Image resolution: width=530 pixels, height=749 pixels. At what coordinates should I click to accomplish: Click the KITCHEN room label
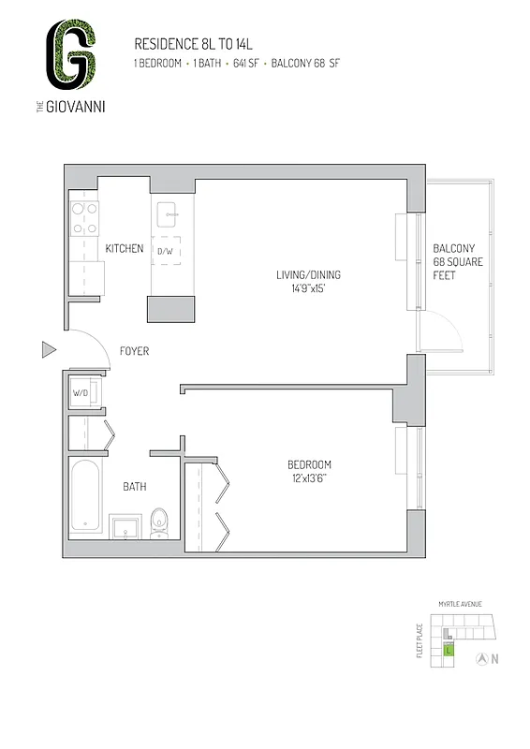point(124,249)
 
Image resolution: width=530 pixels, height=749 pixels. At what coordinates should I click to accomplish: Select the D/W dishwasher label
point(166,252)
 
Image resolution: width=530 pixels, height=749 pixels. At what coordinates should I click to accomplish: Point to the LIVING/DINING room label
point(308,274)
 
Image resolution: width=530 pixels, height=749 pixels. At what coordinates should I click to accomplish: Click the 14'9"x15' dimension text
point(307,288)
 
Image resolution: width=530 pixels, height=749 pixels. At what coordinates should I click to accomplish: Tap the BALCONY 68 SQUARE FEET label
point(457,262)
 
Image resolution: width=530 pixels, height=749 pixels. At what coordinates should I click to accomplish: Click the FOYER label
point(134,352)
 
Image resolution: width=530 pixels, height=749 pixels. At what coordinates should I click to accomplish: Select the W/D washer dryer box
point(81,393)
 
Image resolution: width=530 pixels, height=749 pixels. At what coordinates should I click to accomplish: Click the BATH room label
point(134,487)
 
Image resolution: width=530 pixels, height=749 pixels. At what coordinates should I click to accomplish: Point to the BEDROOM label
point(309,465)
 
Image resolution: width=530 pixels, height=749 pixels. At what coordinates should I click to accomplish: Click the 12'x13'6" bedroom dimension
point(309,479)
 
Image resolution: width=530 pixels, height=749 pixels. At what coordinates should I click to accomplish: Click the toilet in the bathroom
point(158,522)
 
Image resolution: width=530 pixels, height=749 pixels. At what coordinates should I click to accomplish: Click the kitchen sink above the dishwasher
point(170,213)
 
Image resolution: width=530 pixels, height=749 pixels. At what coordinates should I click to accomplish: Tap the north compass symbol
point(481,658)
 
